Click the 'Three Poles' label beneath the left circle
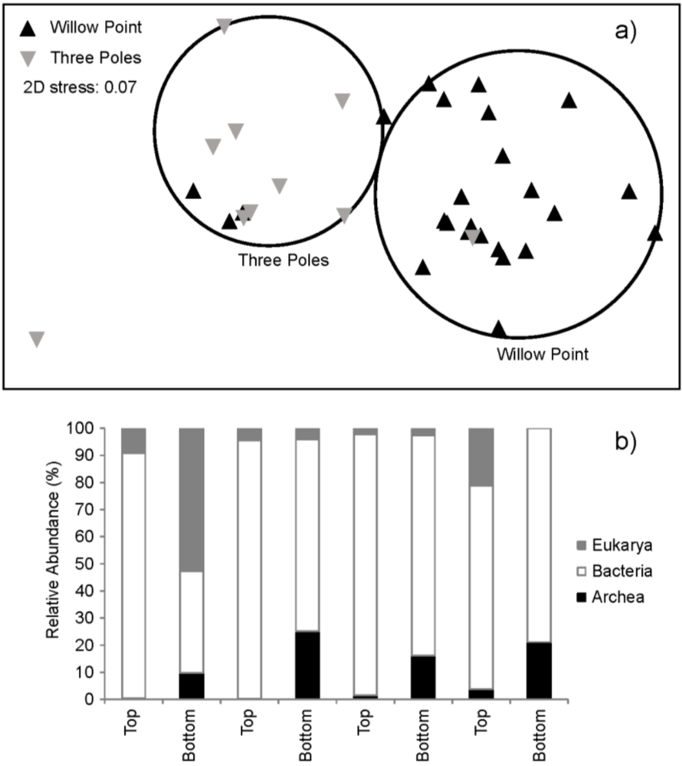coord(284,260)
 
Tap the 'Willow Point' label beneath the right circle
coord(543,355)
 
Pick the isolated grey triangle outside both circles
coord(37,339)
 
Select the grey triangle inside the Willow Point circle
coord(474,237)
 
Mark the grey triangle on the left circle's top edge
coord(225,26)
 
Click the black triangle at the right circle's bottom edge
coord(499,329)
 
